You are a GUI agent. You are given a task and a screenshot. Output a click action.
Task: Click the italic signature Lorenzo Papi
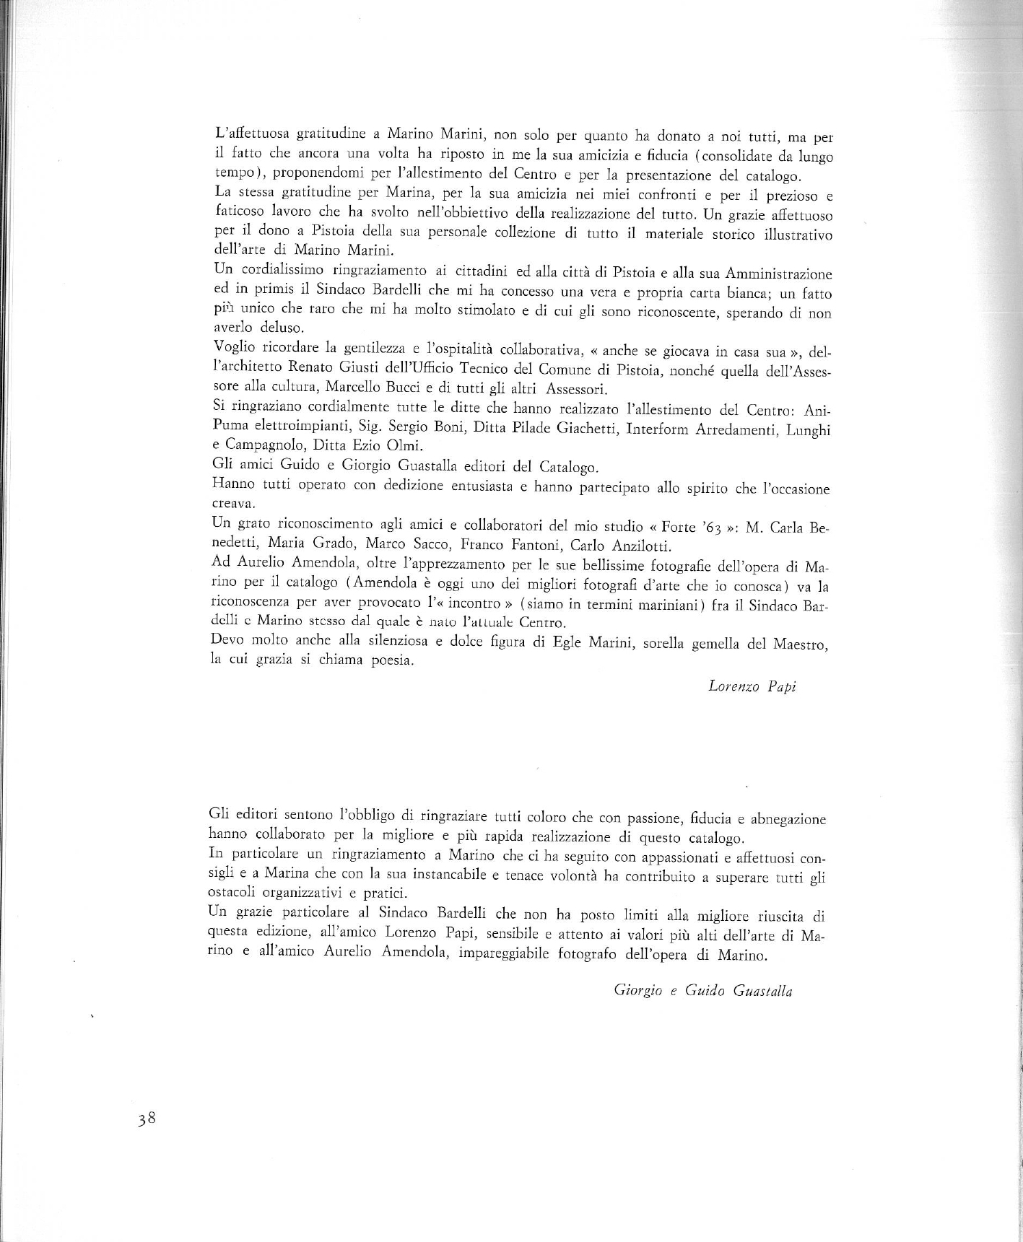[752, 686]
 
